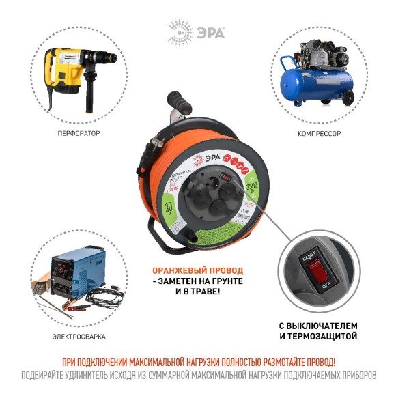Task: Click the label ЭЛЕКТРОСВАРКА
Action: click(x=76, y=336)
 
